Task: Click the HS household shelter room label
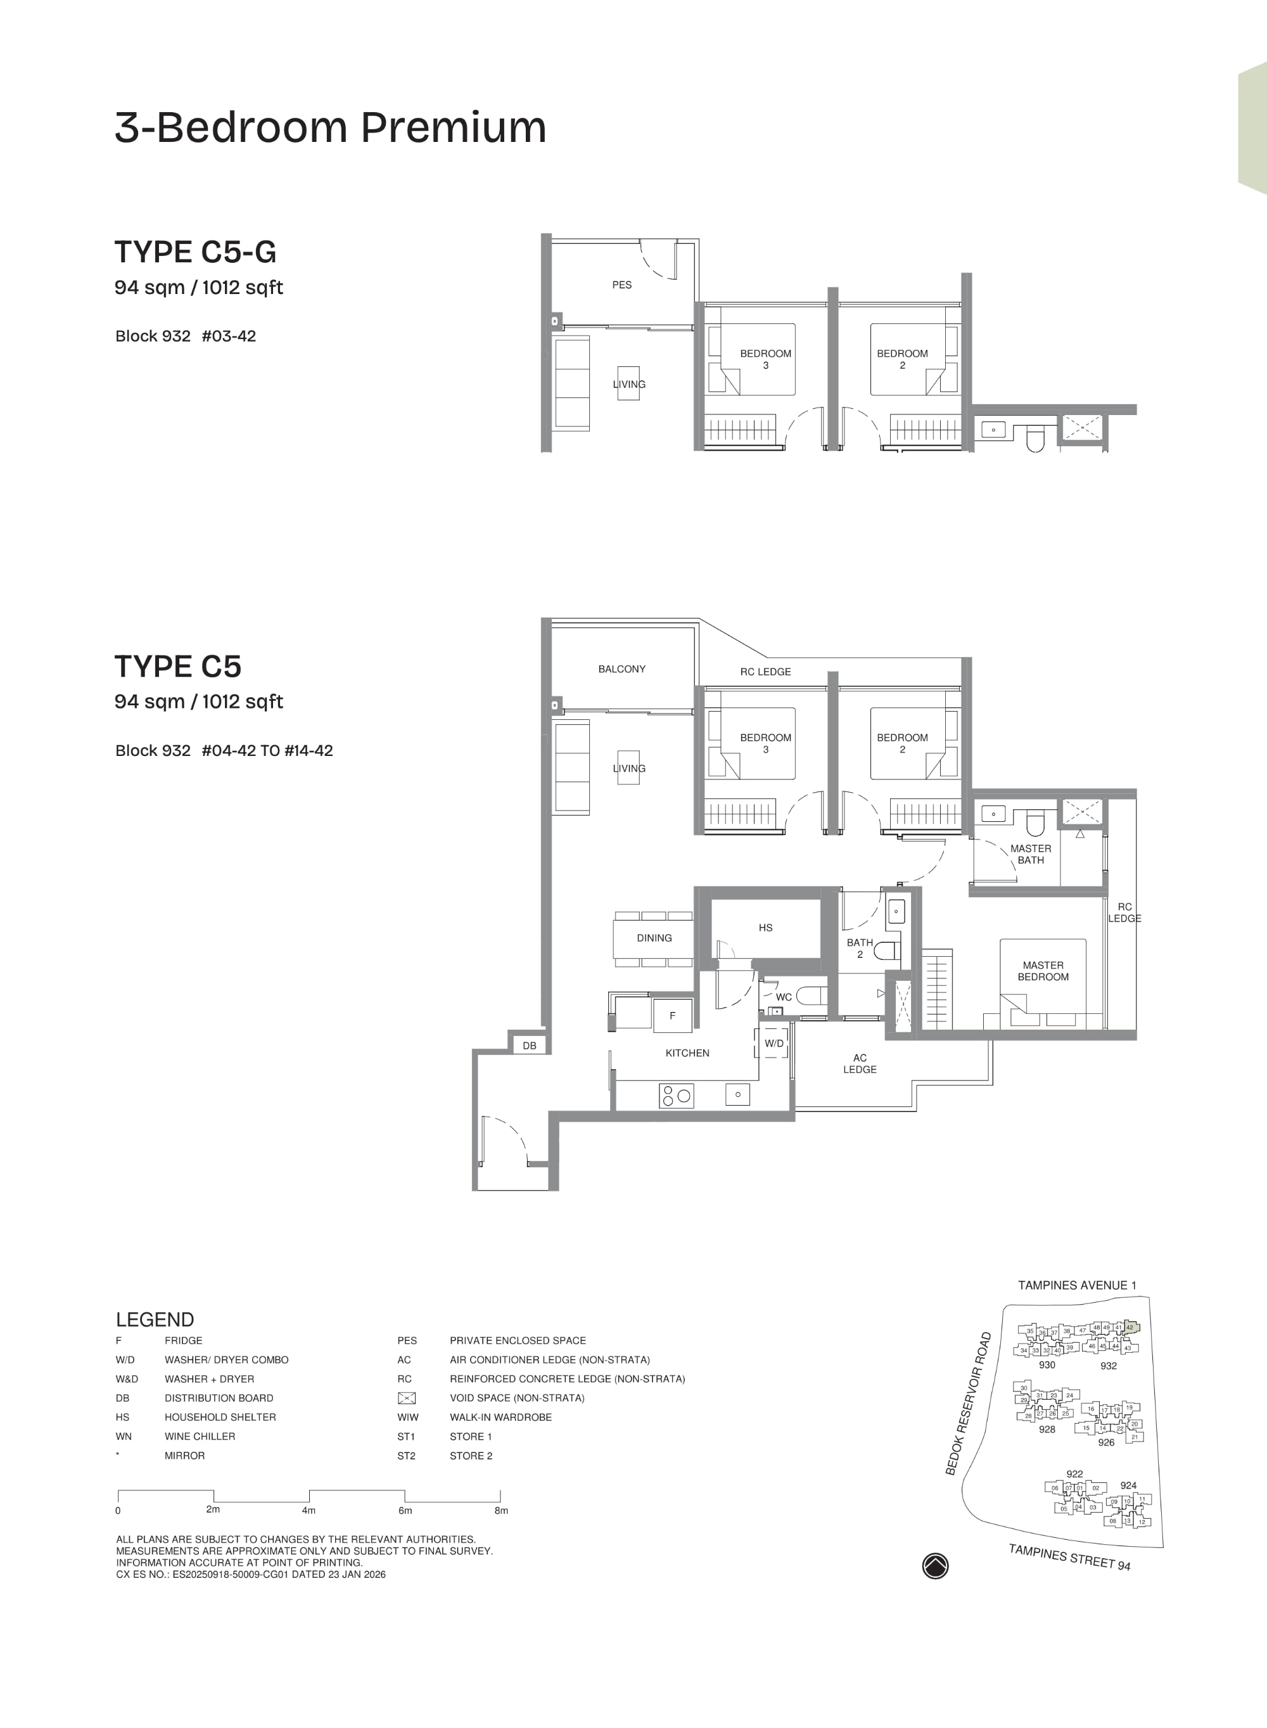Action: coord(765,927)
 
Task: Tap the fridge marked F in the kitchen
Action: coord(672,1016)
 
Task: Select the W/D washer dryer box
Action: coord(774,1043)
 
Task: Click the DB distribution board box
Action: coord(529,1046)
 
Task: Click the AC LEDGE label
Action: coord(859,1063)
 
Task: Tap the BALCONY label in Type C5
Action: coord(621,669)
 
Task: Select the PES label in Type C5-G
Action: coord(621,285)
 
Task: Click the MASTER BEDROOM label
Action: coord(1042,971)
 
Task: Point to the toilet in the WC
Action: coord(810,995)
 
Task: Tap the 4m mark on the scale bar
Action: coord(309,1510)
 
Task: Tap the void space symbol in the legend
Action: coord(407,1398)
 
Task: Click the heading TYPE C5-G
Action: coord(195,252)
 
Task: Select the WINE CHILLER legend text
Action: coord(200,1437)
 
